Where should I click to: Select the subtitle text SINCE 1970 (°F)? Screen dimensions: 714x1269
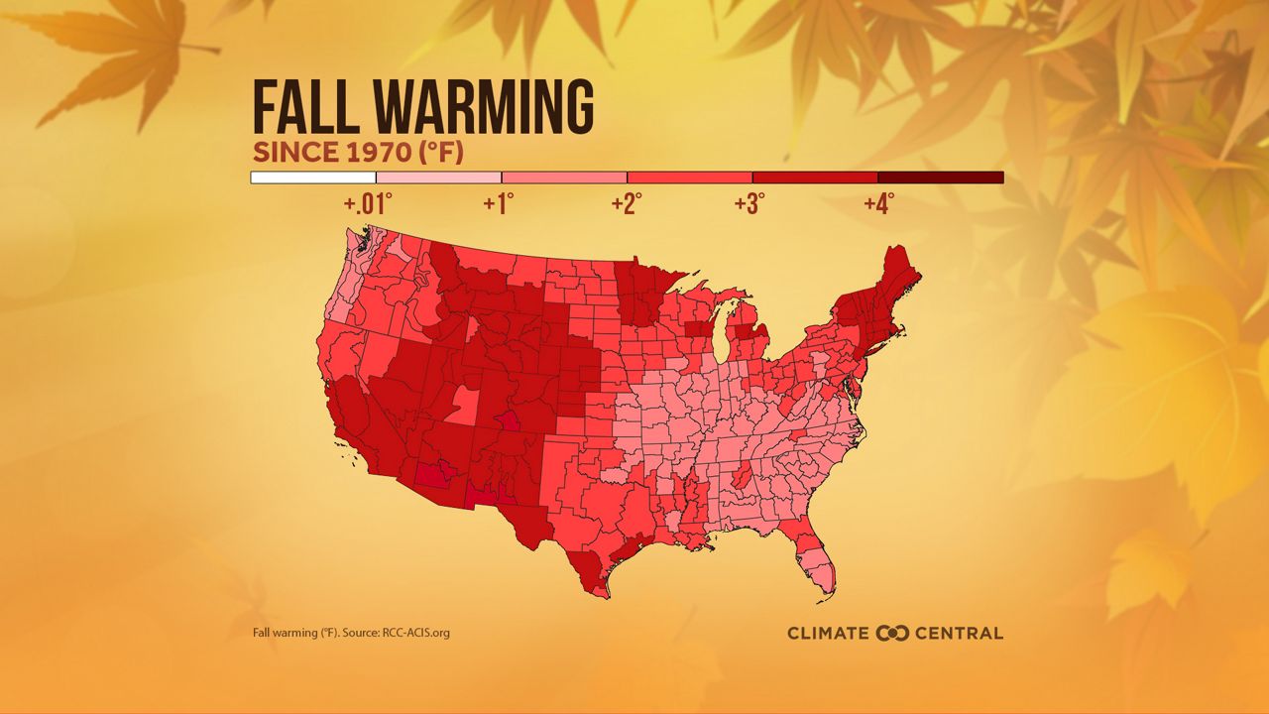358,154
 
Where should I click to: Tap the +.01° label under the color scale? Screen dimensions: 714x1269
368,204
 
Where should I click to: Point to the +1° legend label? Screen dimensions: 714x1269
499,204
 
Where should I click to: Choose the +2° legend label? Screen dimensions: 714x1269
627,204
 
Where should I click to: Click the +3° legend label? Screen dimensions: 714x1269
750,204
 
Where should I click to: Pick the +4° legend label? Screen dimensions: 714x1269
878,204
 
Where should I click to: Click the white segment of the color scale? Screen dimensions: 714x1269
313,178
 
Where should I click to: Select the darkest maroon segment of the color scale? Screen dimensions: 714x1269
940,178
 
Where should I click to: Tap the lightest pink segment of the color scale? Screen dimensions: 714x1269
438,178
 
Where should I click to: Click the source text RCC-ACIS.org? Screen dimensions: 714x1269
415,633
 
